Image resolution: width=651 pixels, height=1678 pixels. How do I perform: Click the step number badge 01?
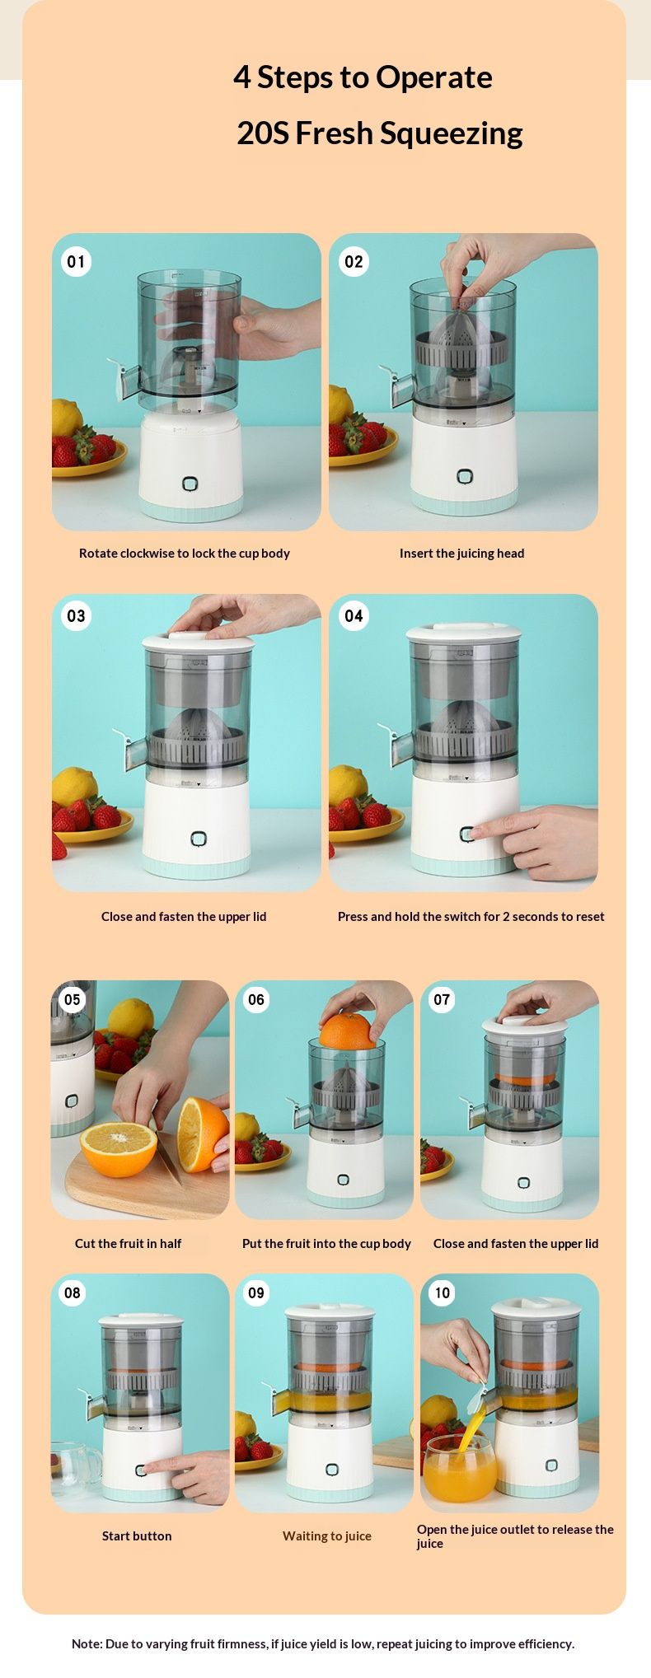tap(76, 262)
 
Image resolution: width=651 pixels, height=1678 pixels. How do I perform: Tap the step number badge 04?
tap(354, 615)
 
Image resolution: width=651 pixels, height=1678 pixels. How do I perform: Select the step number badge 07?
tap(443, 999)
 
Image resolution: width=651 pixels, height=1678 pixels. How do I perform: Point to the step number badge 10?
tap(443, 1292)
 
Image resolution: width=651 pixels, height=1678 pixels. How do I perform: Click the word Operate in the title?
tap(434, 77)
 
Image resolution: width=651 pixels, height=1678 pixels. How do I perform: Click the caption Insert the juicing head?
tap(461, 554)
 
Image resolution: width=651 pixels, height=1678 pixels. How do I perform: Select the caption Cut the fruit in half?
tap(128, 1244)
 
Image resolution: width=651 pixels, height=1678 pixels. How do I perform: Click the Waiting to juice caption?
tap(327, 1536)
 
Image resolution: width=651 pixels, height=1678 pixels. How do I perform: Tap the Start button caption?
tap(137, 1536)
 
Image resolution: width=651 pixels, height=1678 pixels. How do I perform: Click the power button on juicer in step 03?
tap(198, 839)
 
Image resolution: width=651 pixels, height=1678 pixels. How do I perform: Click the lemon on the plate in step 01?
tap(68, 418)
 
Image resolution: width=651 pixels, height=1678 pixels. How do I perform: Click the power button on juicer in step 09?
tap(331, 1470)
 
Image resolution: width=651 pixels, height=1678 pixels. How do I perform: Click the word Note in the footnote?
tap(87, 1643)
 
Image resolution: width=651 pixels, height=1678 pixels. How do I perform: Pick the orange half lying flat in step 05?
tap(119, 1141)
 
